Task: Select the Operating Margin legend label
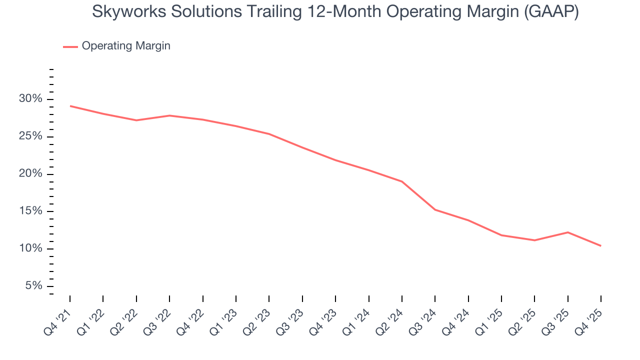(x=126, y=46)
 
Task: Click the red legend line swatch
(x=70, y=46)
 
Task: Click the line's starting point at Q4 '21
(x=70, y=106)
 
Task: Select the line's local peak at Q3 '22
(x=169, y=115)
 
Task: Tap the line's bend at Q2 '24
(x=402, y=181)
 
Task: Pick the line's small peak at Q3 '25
(x=568, y=232)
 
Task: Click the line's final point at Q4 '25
(x=600, y=245)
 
